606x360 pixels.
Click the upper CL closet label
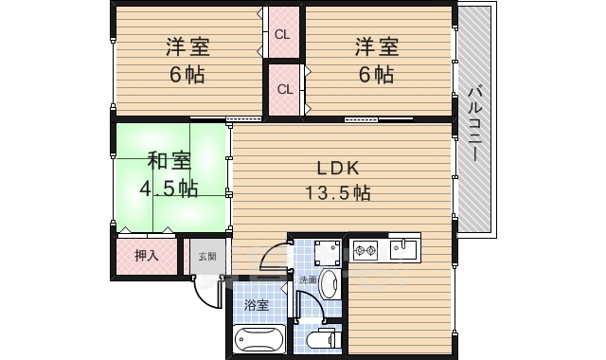[281, 34]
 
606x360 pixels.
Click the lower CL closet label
[283, 89]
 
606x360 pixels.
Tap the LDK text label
[337, 169]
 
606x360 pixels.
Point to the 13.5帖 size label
[337, 192]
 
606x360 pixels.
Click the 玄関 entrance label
[206, 255]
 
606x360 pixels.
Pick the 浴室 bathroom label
[256, 305]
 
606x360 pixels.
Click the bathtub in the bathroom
[258, 337]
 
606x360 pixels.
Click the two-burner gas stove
[365, 251]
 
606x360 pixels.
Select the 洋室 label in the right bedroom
[376, 46]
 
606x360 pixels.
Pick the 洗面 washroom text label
[309, 279]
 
